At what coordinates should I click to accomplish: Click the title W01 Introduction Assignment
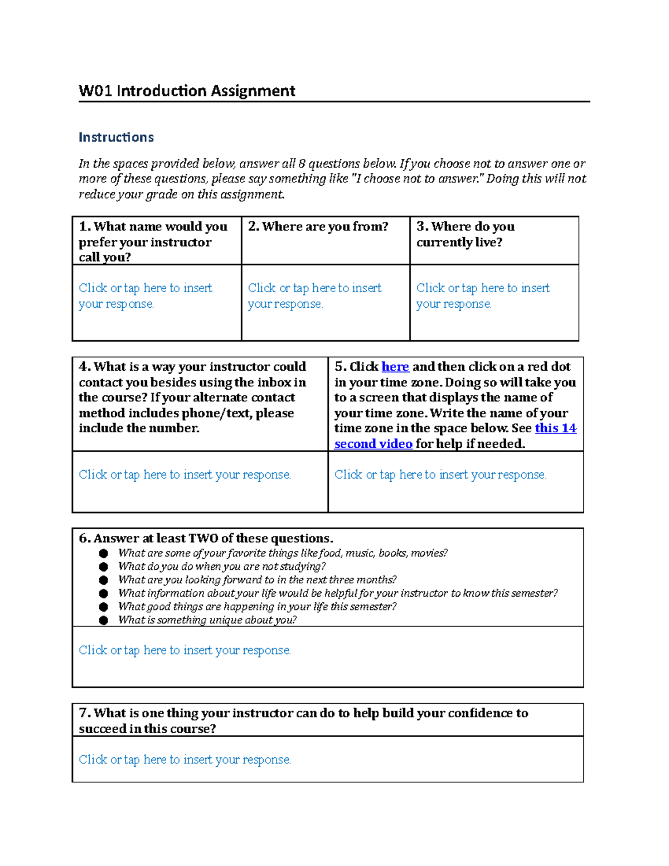pos(187,91)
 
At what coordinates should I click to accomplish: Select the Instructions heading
pos(116,137)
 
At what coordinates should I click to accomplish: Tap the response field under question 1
pos(146,296)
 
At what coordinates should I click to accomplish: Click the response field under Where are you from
pos(314,296)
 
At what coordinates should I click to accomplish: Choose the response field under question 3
pos(483,296)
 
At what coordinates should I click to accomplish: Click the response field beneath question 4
pos(185,475)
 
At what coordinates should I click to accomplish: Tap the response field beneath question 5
pos(440,475)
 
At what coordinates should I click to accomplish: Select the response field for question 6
pos(185,650)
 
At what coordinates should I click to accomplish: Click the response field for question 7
pos(185,759)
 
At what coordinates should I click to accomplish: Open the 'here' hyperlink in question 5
pos(395,367)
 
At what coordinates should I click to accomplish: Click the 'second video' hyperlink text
pos(373,444)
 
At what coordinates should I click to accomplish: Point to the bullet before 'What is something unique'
pos(104,620)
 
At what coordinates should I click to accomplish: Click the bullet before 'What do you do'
pos(104,567)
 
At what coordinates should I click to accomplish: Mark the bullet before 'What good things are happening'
pos(104,607)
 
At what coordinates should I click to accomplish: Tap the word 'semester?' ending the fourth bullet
pos(535,593)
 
